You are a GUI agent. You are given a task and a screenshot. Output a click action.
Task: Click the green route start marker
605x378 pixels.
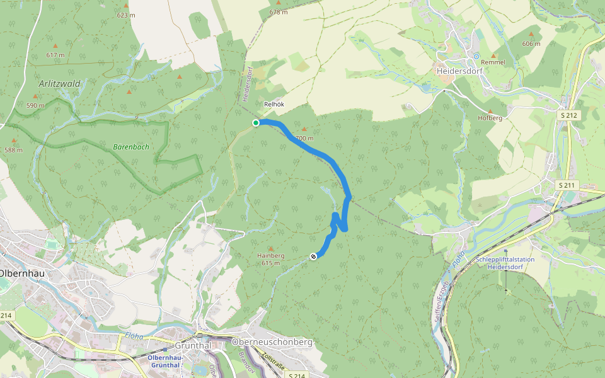point(256,123)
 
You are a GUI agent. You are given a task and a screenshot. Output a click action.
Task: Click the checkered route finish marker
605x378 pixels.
point(313,256)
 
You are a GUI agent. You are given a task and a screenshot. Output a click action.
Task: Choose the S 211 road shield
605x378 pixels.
point(568,185)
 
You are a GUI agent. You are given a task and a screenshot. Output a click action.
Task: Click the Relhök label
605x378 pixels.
point(275,105)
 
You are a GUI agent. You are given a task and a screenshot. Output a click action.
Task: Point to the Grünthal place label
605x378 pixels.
point(193,345)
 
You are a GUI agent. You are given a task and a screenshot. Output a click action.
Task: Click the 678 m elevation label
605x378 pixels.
point(278,12)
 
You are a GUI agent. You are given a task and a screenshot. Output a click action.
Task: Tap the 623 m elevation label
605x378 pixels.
point(126,15)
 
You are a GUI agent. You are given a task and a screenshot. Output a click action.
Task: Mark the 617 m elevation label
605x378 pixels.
point(55,55)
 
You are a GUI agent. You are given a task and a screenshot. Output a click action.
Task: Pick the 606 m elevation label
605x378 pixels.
point(531,44)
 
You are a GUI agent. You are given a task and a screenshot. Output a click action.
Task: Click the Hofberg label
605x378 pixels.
point(490,118)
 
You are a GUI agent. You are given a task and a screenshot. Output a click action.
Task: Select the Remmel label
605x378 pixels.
point(493,62)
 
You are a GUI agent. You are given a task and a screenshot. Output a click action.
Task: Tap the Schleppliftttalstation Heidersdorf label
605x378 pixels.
point(505,263)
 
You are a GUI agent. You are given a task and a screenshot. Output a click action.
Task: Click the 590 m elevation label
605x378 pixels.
point(35,105)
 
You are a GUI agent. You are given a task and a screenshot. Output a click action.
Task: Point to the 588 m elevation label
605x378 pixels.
point(13,150)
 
